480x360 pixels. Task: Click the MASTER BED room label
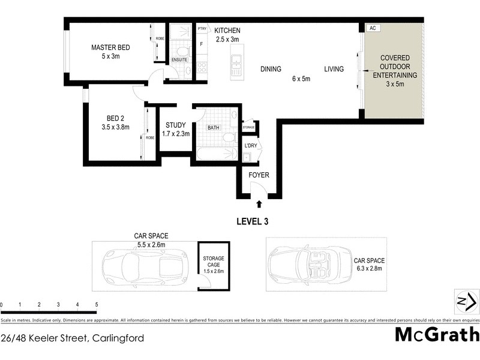coord(110,47)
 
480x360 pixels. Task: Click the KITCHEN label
coord(227,30)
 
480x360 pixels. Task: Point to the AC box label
coord(372,28)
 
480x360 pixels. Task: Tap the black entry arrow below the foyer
coord(259,204)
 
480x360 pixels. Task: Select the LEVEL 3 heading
coord(251,221)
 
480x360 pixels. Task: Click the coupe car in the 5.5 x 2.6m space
coord(143,263)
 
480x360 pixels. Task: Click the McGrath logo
coord(437,334)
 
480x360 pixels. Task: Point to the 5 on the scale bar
coord(97,305)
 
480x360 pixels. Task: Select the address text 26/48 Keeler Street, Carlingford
coord(73,338)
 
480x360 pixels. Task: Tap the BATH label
coord(214,128)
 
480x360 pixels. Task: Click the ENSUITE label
coord(179,60)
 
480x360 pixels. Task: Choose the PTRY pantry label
coord(202,28)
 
